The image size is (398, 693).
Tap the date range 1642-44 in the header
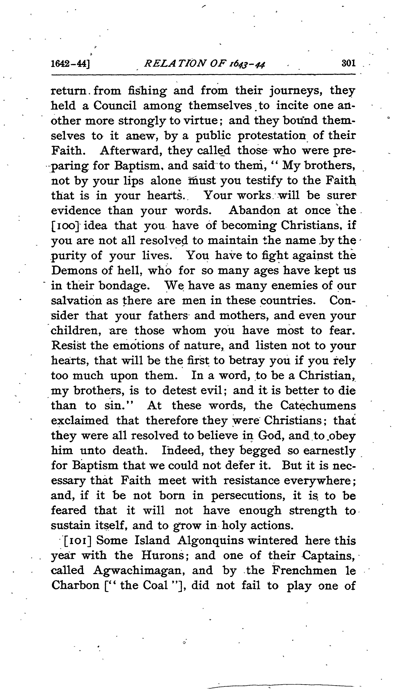point(71,64)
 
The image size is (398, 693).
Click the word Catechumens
point(318,406)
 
